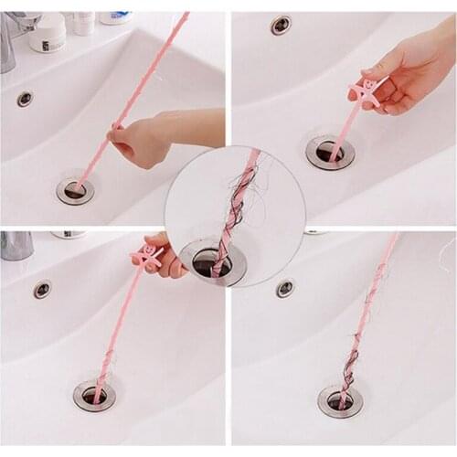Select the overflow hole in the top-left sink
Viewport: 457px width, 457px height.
click(x=25, y=99)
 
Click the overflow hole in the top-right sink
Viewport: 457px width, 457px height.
click(x=281, y=26)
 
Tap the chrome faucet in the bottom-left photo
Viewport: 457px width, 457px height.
click(x=16, y=245)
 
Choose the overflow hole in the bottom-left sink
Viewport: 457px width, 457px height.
click(x=42, y=290)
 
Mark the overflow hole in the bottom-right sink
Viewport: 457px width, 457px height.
click(x=286, y=288)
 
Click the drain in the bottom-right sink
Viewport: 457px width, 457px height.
click(x=340, y=400)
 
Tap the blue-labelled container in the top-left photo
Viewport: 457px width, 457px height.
click(x=115, y=17)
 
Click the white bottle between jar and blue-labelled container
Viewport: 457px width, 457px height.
click(x=83, y=22)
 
